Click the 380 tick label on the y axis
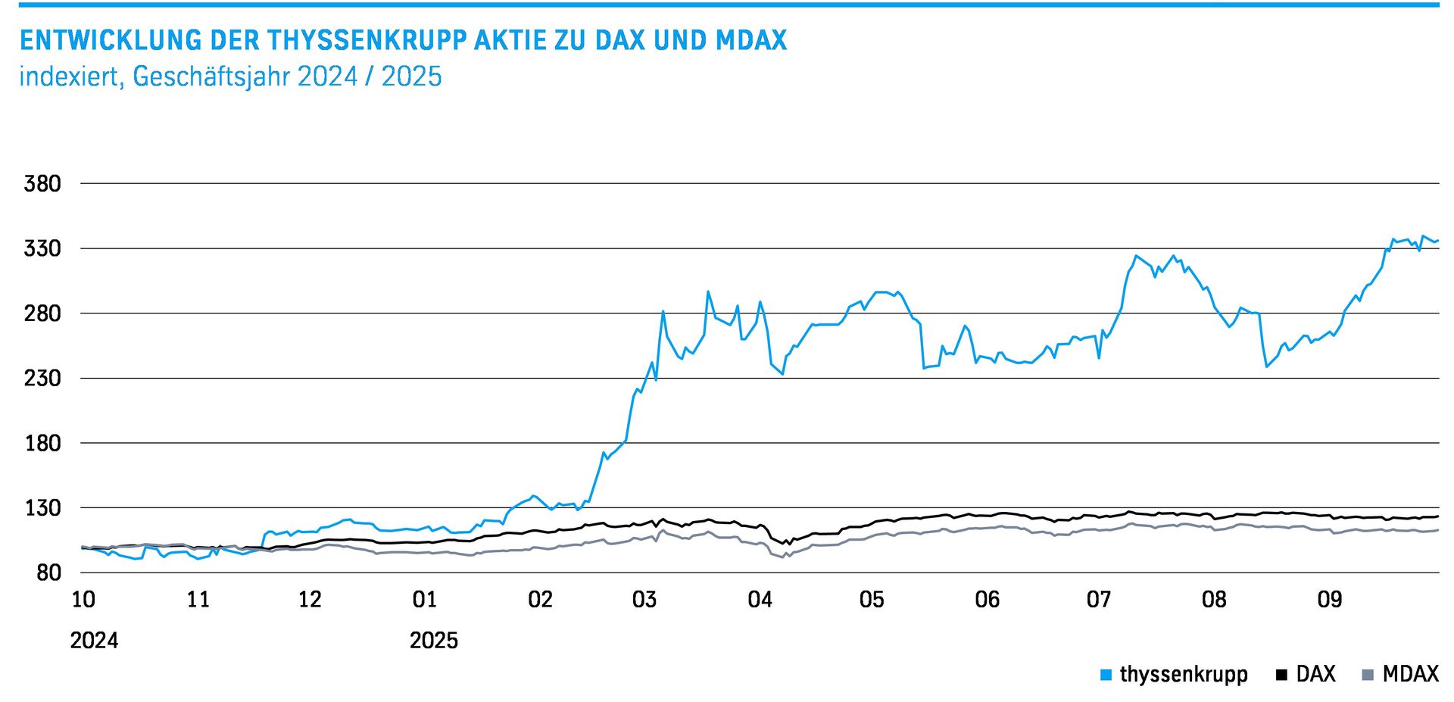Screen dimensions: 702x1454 tap(42, 184)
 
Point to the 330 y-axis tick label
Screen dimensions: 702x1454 tap(42, 248)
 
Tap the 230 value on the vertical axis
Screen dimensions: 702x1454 tap(42, 378)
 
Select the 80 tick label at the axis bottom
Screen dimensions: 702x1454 tap(48, 573)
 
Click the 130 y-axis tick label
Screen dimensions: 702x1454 tap(42, 508)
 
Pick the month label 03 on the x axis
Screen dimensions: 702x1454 tap(644, 600)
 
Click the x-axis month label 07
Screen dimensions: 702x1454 tap(1099, 600)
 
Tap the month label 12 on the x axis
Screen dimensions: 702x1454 tap(310, 600)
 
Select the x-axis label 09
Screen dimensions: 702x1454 tap(1330, 600)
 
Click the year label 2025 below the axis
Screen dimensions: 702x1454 tap(434, 641)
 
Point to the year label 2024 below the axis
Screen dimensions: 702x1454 tap(94, 641)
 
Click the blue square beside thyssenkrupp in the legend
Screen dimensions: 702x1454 tap(1106, 675)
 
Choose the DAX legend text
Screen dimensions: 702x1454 tap(1315, 674)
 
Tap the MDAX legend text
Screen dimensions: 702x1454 tap(1410, 674)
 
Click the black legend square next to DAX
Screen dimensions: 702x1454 tap(1281, 675)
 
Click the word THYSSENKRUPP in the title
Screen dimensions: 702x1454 tap(367, 40)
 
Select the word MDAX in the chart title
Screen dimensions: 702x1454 tap(751, 40)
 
